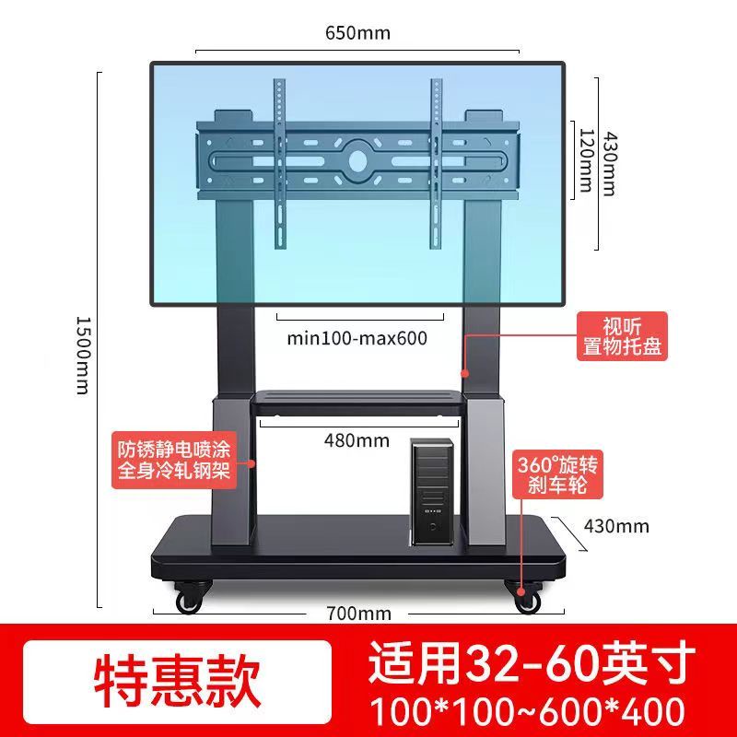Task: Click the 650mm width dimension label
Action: [357, 33]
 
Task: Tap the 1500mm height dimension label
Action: [83, 356]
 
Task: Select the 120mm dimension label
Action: [585, 160]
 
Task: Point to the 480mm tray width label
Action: [357, 440]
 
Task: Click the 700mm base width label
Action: [359, 614]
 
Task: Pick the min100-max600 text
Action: [357, 338]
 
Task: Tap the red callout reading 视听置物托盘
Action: [622, 336]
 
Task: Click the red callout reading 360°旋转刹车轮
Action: [557, 474]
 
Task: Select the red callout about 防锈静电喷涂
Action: [174, 460]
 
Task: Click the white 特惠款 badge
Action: [178, 682]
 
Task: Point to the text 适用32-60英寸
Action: [532, 662]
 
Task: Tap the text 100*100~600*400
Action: [527, 711]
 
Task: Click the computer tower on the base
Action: [433, 492]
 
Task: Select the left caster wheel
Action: [190, 598]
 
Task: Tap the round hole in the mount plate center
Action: [357, 161]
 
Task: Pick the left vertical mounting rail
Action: [280, 164]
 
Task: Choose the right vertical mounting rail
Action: [436, 164]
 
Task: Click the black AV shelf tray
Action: [358, 403]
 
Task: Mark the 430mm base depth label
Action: [616, 526]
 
